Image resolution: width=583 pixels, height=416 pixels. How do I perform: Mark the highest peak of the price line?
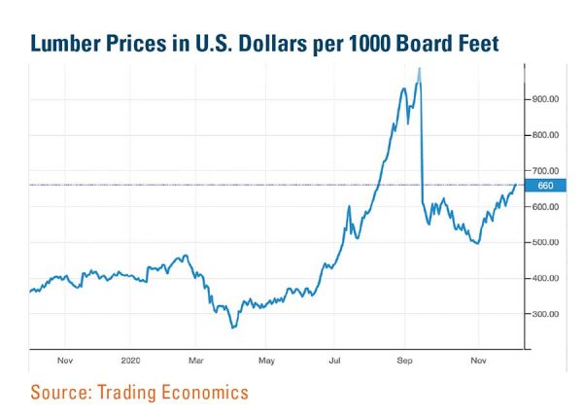click(x=419, y=68)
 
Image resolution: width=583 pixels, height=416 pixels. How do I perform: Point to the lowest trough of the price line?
click(x=232, y=328)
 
